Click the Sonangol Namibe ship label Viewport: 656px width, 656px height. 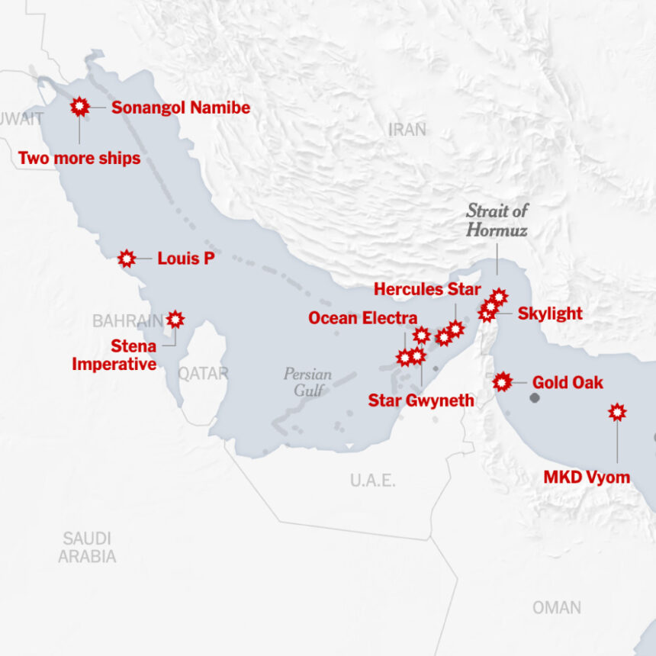coord(181,108)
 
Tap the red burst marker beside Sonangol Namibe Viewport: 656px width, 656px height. coord(79,107)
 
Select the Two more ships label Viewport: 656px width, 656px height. coord(79,159)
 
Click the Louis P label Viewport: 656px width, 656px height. coord(185,259)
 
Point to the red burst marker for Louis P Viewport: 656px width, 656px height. coord(127,259)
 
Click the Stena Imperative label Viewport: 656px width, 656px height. coord(114,355)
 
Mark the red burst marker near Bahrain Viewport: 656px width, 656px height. coord(175,319)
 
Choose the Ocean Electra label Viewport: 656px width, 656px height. coord(363,318)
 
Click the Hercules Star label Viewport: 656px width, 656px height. coord(427,289)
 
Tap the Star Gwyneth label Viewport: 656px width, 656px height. coord(421,400)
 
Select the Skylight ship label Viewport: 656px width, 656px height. coord(550,313)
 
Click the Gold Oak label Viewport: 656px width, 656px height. coord(568,382)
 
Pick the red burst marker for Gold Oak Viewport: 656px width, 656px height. coord(502,381)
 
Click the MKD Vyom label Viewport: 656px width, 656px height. coord(587,478)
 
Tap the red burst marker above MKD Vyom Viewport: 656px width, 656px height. coord(617,412)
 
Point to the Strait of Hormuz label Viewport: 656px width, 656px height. coord(497,220)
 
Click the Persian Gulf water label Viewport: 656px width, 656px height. coord(307,382)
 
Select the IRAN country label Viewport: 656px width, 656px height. coord(407,130)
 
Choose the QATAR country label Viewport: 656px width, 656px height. coord(203,373)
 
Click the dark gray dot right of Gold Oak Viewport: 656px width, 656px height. coord(535,397)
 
